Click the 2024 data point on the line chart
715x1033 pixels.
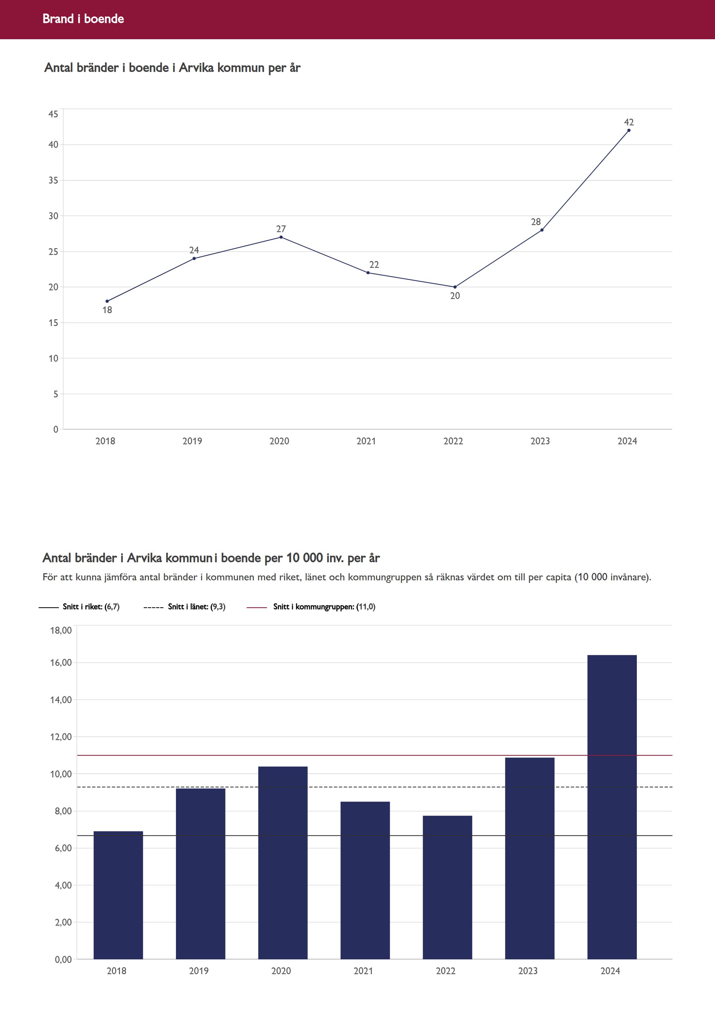[628, 130]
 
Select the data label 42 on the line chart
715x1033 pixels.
[628, 122]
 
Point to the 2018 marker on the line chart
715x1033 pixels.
[107, 301]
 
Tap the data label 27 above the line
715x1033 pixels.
[281, 229]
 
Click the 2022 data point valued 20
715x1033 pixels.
[455, 287]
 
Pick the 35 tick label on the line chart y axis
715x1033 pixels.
[53, 180]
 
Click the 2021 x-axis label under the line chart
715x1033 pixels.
[366, 441]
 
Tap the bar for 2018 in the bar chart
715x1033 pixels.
[118, 895]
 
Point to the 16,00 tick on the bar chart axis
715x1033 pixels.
[61, 663]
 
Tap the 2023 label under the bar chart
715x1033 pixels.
[528, 971]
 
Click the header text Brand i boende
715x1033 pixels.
[83, 19]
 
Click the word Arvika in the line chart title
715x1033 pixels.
[196, 68]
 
